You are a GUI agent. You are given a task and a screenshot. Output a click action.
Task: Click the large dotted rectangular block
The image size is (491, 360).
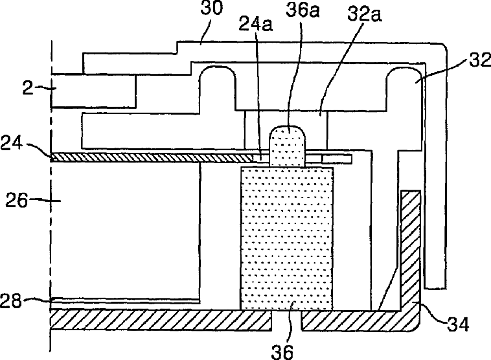pos(286,236)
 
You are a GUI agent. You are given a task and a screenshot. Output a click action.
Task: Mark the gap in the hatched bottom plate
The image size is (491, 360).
pos(286,319)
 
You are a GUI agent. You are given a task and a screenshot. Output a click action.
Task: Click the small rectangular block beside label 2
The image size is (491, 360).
pos(93,91)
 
